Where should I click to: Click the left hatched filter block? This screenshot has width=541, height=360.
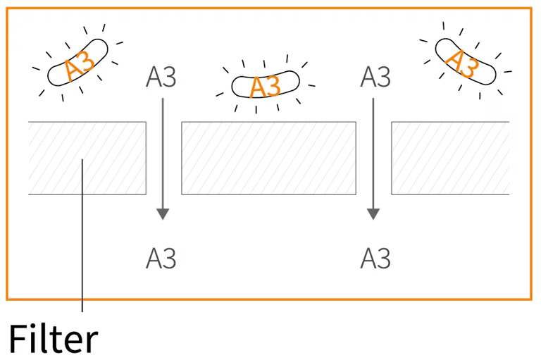click(x=87, y=158)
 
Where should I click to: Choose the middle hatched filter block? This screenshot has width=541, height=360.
click(x=268, y=158)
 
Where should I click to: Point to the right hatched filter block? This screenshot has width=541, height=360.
click(x=450, y=158)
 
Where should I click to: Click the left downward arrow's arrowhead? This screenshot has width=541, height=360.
click(x=163, y=213)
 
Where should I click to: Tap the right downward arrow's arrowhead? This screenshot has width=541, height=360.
click(x=373, y=213)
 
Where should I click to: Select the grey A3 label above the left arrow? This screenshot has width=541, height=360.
click(x=161, y=77)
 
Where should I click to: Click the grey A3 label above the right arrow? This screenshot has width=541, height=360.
click(x=375, y=77)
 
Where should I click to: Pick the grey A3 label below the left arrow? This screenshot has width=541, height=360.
click(x=161, y=259)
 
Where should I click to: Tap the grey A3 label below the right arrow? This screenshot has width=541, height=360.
click(x=375, y=259)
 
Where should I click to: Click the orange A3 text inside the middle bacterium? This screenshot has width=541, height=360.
click(x=266, y=87)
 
